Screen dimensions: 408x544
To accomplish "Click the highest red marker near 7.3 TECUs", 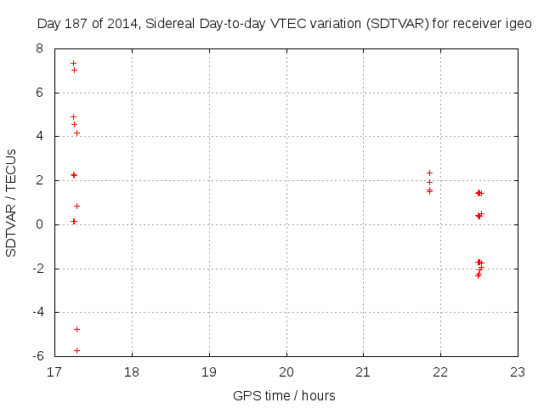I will click(73, 63).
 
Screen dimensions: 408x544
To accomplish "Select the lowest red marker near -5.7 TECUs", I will click(76, 350).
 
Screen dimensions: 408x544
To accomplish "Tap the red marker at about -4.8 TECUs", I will click(76, 329).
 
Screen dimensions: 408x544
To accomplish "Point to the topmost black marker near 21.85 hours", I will click(429, 173).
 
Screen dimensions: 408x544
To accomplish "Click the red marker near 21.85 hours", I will click(429, 182).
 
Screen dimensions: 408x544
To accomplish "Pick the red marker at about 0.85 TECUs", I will click(76, 206).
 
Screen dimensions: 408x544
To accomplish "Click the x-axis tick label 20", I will click(286, 372).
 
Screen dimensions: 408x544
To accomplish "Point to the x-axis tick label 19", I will click(209, 372).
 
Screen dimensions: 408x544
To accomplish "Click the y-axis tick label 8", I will click(39, 48).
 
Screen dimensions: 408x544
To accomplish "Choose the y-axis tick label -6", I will click(37, 356).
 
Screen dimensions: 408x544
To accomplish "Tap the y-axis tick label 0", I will click(39, 224).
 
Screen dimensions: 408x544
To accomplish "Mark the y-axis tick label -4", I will click(37, 312).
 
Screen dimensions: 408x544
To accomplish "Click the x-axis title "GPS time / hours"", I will click(284, 395).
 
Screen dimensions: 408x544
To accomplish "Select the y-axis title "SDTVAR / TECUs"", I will click(12, 202).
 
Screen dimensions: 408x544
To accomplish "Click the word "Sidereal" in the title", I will click(161, 25).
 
